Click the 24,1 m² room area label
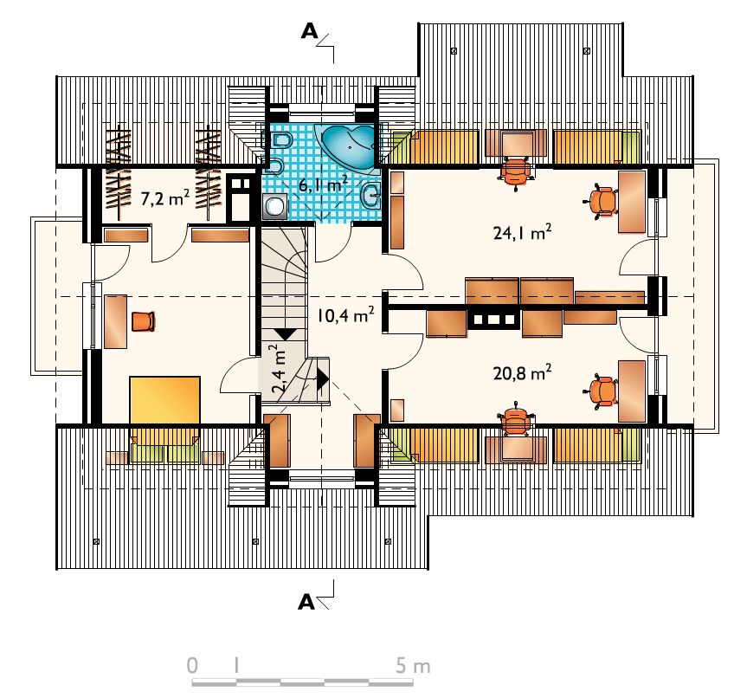tap(522, 232)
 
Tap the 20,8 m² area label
tap(522, 372)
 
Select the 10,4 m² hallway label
tap(345, 315)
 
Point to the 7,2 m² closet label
tap(165, 198)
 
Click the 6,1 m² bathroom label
tap(323, 184)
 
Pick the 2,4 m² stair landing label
tap(280, 368)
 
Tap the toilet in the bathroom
tap(280, 139)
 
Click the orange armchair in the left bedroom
tap(143, 321)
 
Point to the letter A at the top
tap(309, 31)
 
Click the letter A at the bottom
tap(306, 602)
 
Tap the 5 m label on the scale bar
tap(412, 666)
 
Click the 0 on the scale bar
tap(192, 666)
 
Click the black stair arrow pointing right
tap(323, 379)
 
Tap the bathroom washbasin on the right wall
tap(371, 194)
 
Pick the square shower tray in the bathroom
tap(274, 206)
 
